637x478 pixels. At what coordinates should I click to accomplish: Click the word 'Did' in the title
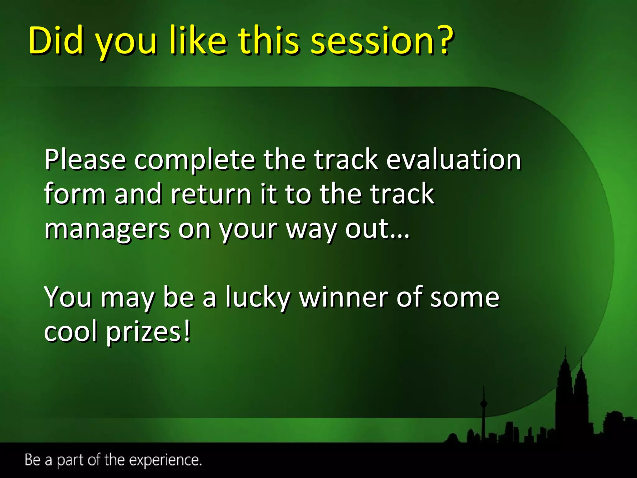pyautogui.click(x=56, y=40)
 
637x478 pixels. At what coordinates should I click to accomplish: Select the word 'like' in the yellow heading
pyautogui.click(x=198, y=40)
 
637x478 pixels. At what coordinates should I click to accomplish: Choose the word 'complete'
pyautogui.click(x=195, y=161)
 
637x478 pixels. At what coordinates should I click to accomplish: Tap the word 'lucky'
pyautogui.click(x=258, y=298)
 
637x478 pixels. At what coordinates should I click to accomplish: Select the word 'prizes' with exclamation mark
pyautogui.click(x=148, y=332)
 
